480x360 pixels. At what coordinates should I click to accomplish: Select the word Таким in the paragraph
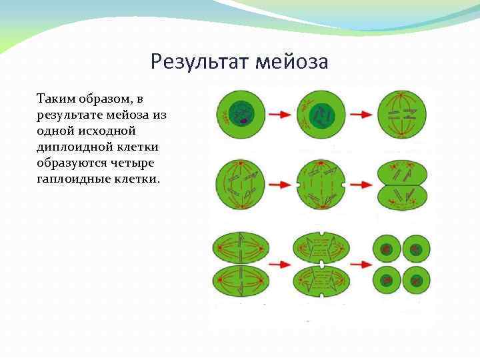click(x=56, y=99)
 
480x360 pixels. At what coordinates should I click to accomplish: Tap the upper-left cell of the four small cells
click(x=387, y=249)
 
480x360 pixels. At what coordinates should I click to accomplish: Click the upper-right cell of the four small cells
click(x=416, y=249)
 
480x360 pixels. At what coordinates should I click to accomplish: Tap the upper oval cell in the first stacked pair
click(x=240, y=249)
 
